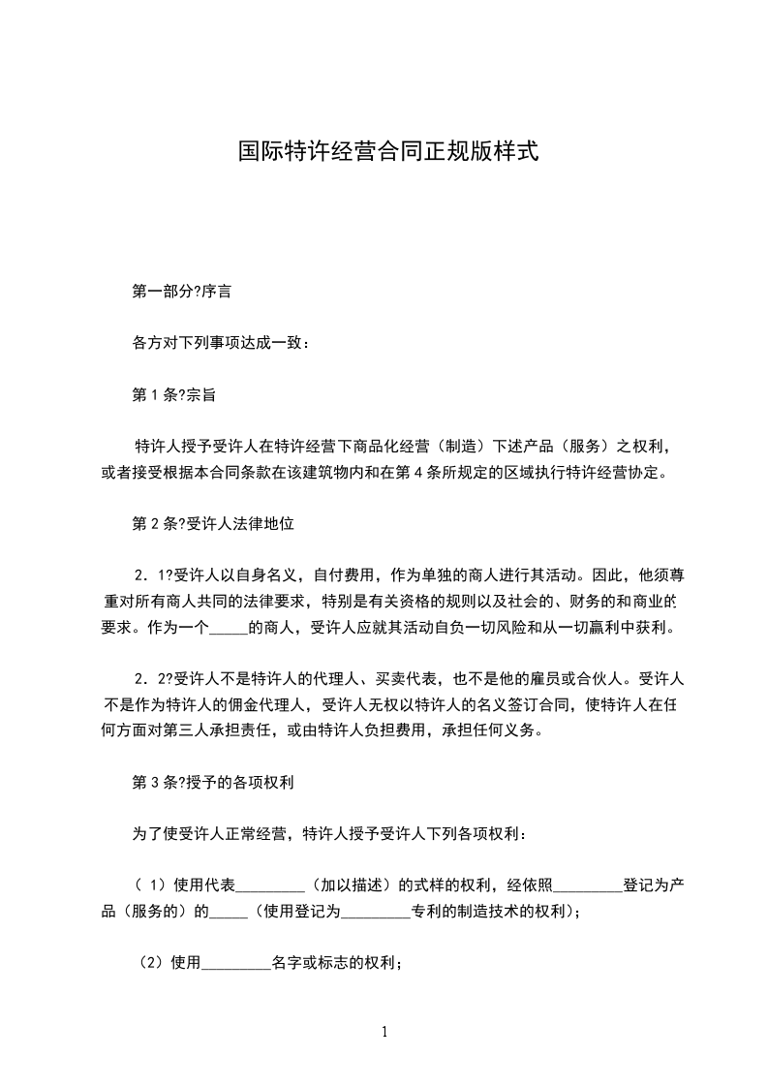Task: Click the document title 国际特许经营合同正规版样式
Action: tap(387, 152)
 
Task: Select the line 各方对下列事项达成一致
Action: tap(220, 343)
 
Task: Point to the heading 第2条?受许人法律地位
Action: tap(212, 523)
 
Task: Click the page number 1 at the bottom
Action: tap(384, 1032)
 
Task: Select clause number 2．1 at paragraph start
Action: tap(150, 575)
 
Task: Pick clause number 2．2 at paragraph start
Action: tap(150, 679)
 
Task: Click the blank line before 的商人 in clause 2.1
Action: tap(229, 627)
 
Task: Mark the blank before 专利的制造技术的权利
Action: tap(377, 912)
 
